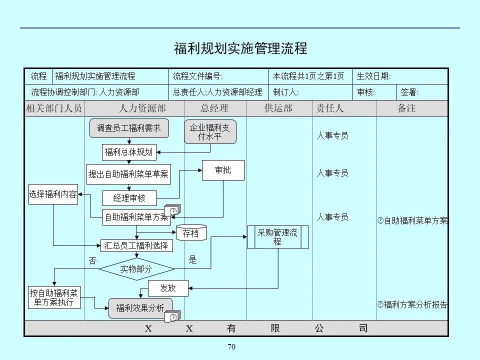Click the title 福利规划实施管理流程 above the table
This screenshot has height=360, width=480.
(x=240, y=48)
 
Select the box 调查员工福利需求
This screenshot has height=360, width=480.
(x=129, y=128)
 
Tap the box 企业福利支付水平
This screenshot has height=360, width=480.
(x=210, y=132)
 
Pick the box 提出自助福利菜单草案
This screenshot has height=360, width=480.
(x=128, y=174)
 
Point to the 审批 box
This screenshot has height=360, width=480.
(x=223, y=170)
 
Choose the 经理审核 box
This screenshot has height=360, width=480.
(x=129, y=198)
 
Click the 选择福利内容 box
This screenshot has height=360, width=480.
(x=53, y=194)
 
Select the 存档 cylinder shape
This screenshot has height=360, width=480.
(x=191, y=233)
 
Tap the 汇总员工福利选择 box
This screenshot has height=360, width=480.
(x=137, y=245)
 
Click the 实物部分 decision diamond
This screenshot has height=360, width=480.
(x=136, y=269)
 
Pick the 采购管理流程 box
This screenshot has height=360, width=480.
(x=277, y=237)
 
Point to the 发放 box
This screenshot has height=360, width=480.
(x=168, y=288)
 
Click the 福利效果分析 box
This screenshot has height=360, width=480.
(x=140, y=308)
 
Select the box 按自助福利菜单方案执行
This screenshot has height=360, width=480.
(x=54, y=297)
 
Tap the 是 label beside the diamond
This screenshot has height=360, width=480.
(x=193, y=260)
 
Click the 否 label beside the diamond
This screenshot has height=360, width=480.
(x=92, y=260)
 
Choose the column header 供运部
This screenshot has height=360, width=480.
(x=278, y=108)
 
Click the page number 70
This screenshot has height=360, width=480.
(x=231, y=347)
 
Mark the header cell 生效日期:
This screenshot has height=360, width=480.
(x=374, y=76)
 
